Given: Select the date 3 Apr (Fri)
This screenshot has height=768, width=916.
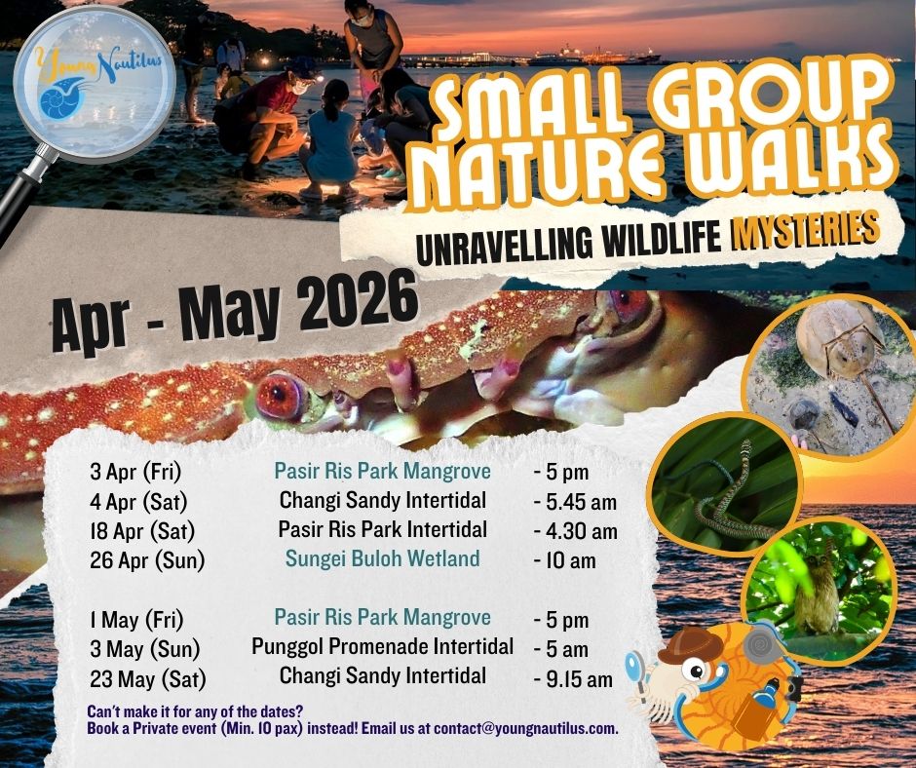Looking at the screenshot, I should tap(135, 474).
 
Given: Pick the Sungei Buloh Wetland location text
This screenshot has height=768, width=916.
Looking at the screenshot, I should tap(382, 558).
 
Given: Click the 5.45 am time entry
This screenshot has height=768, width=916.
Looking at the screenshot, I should tap(576, 503).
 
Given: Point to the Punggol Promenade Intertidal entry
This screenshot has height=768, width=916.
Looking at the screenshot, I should tap(382, 646).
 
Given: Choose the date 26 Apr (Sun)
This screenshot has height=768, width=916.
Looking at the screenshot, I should tap(142, 560).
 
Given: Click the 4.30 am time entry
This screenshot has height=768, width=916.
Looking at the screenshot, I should tap(576, 531).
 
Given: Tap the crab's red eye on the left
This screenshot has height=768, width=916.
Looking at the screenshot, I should tap(282, 394).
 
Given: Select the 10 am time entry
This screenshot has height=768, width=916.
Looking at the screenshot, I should tap(565, 560).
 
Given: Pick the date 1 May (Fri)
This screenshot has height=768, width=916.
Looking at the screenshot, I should tap(135, 619).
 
